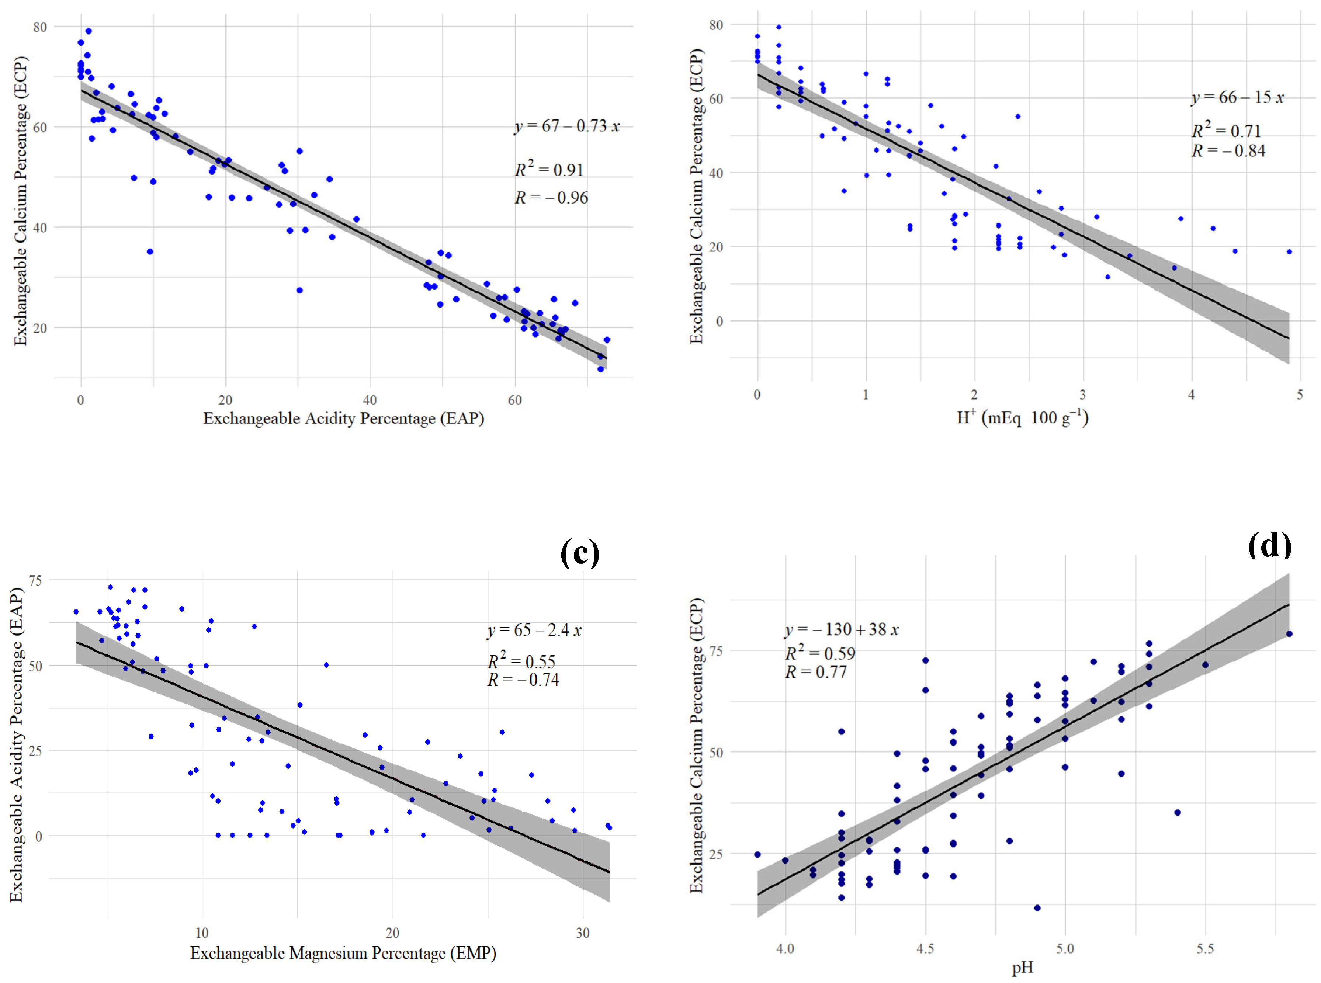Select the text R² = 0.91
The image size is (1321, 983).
pos(549,170)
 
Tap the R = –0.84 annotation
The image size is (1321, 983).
pos(1228,151)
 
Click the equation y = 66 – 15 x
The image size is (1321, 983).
pos(1238,98)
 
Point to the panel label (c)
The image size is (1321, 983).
pos(580,552)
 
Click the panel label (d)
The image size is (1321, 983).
pos(1269,545)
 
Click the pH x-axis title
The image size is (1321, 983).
pos(1022,968)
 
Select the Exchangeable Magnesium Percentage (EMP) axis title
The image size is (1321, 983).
pos(343,953)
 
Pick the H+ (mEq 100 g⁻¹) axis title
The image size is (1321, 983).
pos(1022,418)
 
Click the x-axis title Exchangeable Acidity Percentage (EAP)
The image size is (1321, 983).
pos(343,418)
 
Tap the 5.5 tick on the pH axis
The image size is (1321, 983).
pos(1205,948)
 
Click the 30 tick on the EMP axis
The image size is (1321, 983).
pos(583,933)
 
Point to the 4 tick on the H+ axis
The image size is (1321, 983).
pos(1191,395)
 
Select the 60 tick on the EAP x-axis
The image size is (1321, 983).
pos(515,400)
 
